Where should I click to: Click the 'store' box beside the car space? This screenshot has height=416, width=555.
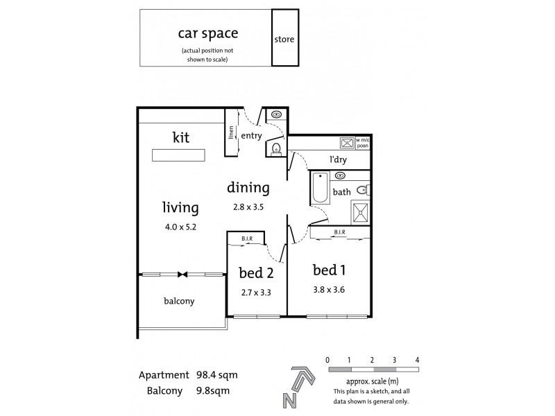click(284, 39)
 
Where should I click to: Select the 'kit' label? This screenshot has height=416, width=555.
click(180, 137)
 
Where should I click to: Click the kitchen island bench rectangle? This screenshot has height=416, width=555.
click(179, 155)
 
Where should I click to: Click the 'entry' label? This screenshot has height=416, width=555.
click(251, 136)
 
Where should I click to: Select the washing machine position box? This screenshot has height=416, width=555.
click(346, 143)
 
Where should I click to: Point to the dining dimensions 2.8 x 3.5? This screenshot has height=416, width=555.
click(248, 206)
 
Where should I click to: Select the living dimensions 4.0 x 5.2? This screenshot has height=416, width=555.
click(180, 226)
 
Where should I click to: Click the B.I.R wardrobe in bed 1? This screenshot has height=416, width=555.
click(340, 234)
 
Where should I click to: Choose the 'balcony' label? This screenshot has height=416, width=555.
click(179, 302)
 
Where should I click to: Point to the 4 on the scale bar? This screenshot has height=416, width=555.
click(417, 359)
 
